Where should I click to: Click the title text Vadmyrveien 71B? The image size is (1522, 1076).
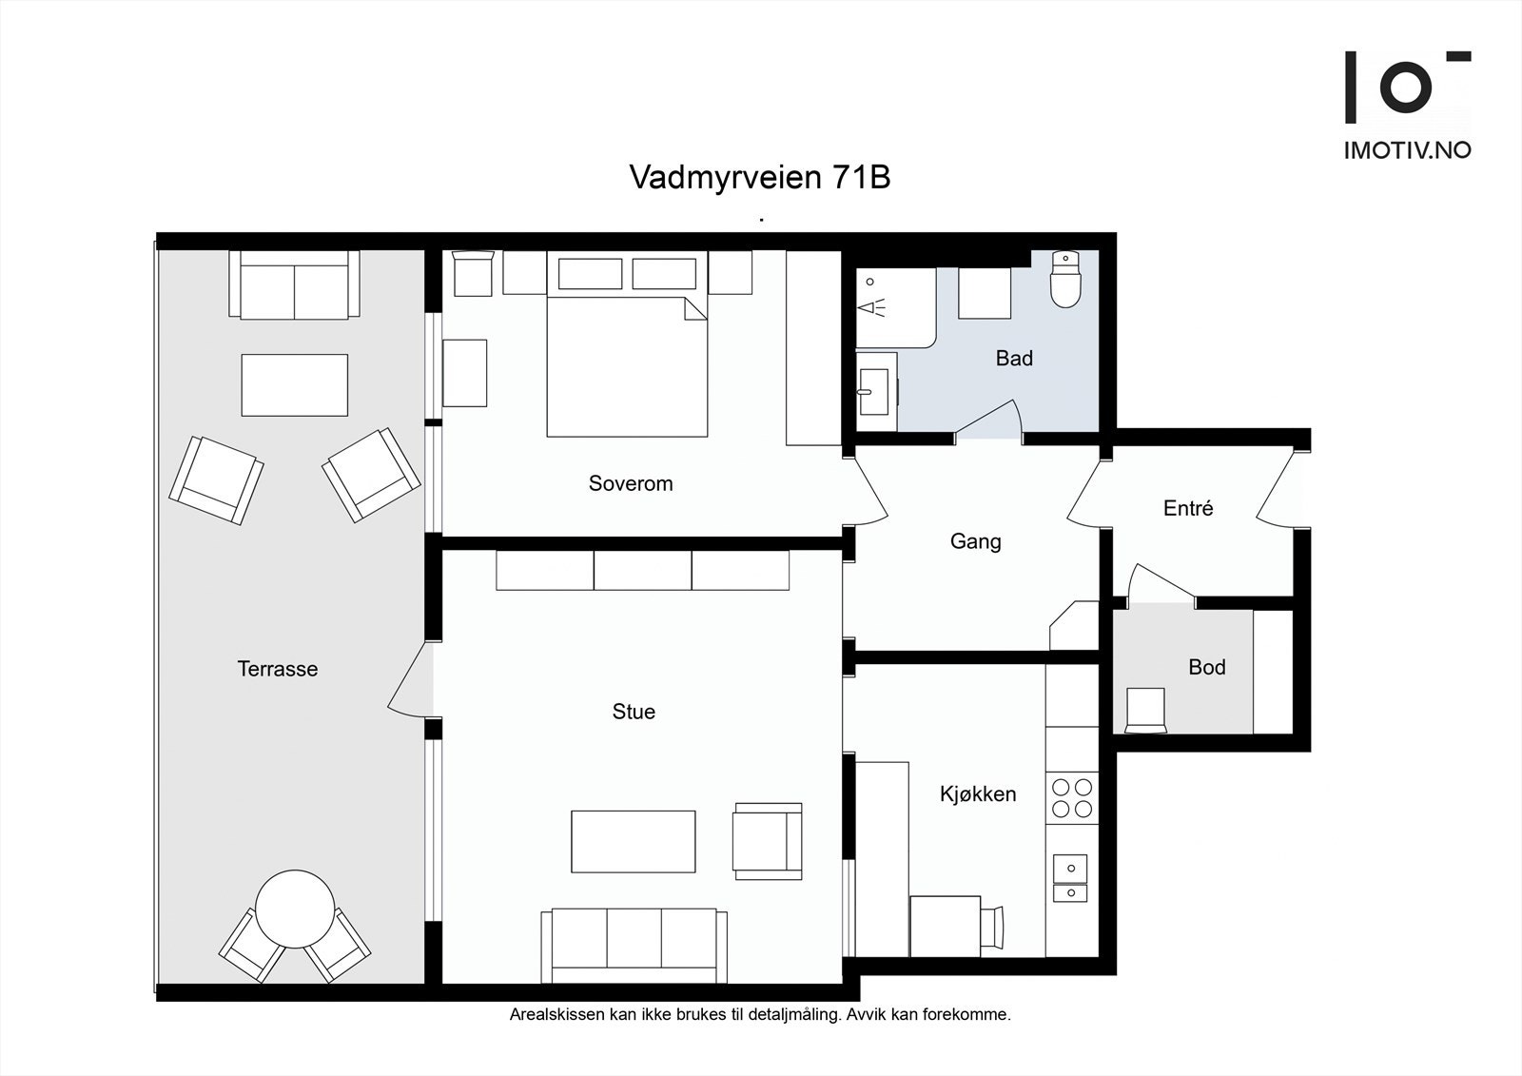pos(759,178)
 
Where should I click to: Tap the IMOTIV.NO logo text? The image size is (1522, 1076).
pos(1406,149)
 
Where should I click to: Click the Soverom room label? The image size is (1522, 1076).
pos(630,483)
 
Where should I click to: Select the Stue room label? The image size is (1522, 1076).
pos(634,712)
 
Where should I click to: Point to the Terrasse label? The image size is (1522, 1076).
pos(277,669)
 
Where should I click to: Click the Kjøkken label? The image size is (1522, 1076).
pos(978,793)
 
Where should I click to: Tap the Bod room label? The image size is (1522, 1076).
pos(1206,667)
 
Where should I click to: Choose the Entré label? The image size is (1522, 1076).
pos(1188,508)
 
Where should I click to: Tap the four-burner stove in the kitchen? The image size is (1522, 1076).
pos(1071,798)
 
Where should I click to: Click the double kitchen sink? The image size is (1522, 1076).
pos(1071,879)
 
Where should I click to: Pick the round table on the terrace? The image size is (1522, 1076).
pos(295,909)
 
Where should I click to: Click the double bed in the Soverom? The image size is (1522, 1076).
pos(627,366)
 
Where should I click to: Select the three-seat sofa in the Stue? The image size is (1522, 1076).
pos(634,944)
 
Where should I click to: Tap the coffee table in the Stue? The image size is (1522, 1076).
pos(633,841)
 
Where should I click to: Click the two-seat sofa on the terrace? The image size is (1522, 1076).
pos(294,285)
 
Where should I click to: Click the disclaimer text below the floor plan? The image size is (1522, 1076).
pos(759,1015)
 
